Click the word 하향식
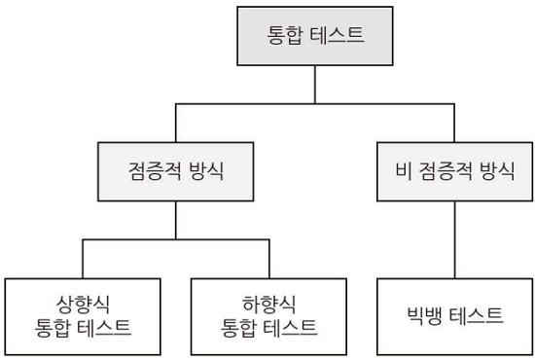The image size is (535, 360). [268, 302]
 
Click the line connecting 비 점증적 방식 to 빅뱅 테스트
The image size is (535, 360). [454, 243]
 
